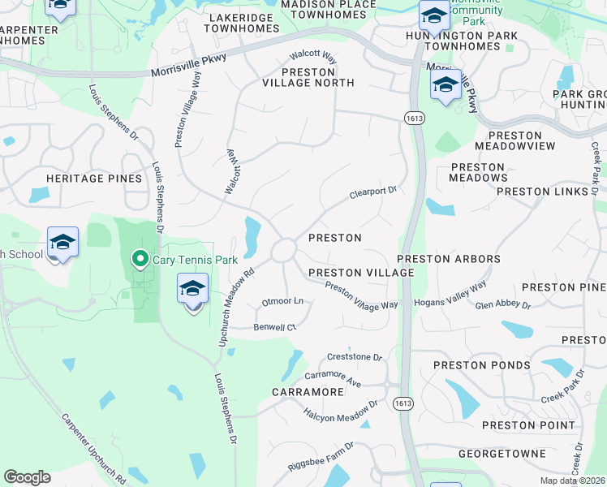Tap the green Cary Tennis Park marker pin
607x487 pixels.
point(140,260)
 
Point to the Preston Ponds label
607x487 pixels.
point(482,365)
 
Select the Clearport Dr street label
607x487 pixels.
point(372,192)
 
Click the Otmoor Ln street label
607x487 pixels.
point(282,302)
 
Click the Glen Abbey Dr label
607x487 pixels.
point(503,305)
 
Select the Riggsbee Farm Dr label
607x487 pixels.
point(321,458)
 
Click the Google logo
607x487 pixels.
point(27,477)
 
